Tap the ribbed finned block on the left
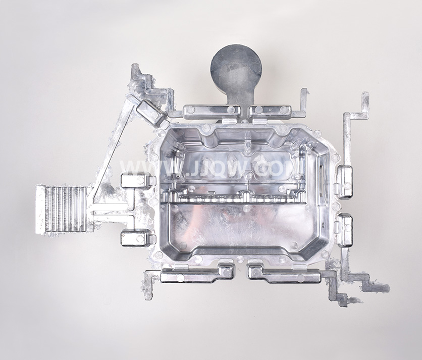coord(61,209)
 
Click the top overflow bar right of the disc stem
coord(271,111)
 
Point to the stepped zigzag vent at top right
coord(355,121)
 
